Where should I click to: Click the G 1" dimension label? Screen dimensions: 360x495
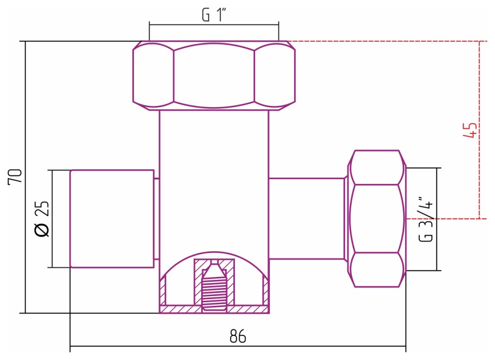[214, 15]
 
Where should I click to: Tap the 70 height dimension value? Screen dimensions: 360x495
[15, 176]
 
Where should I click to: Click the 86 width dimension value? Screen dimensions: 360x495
[238, 337]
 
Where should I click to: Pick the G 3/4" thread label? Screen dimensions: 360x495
[427, 219]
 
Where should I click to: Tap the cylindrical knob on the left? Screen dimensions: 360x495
[112, 219]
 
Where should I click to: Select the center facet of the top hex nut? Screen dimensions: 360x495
[214, 75]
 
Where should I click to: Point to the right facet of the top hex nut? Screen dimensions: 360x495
[275, 75]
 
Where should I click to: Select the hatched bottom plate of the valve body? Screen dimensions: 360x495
[214, 309]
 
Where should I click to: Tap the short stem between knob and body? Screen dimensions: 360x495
[157, 219]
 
